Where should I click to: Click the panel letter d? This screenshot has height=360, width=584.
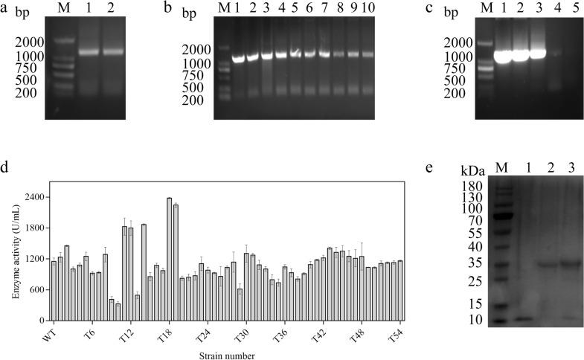point(6,166)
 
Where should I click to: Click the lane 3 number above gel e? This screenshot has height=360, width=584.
point(571,167)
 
